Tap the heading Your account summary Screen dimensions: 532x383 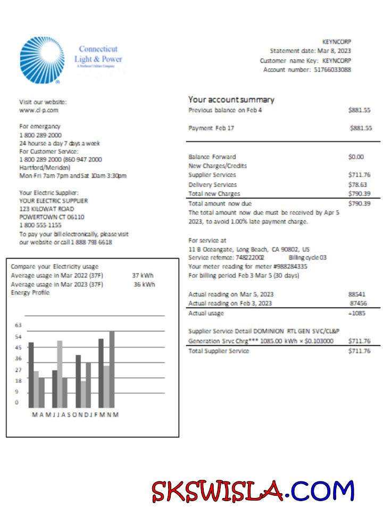[x=231, y=99]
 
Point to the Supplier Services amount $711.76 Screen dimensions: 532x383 [x=359, y=174]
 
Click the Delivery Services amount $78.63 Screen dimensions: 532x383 [x=360, y=184]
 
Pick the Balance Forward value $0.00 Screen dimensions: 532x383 [x=355, y=157]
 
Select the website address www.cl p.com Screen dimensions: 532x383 [x=39, y=110]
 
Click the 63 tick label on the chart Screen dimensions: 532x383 [x=18, y=325]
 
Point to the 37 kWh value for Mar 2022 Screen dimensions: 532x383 [x=143, y=276]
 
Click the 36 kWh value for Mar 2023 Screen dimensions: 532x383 [x=144, y=284]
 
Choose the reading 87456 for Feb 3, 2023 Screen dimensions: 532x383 [x=357, y=303]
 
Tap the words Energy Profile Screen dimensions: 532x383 [x=30, y=293]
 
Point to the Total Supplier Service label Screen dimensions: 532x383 [x=219, y=351]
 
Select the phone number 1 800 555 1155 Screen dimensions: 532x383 [x=40, y=226]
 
